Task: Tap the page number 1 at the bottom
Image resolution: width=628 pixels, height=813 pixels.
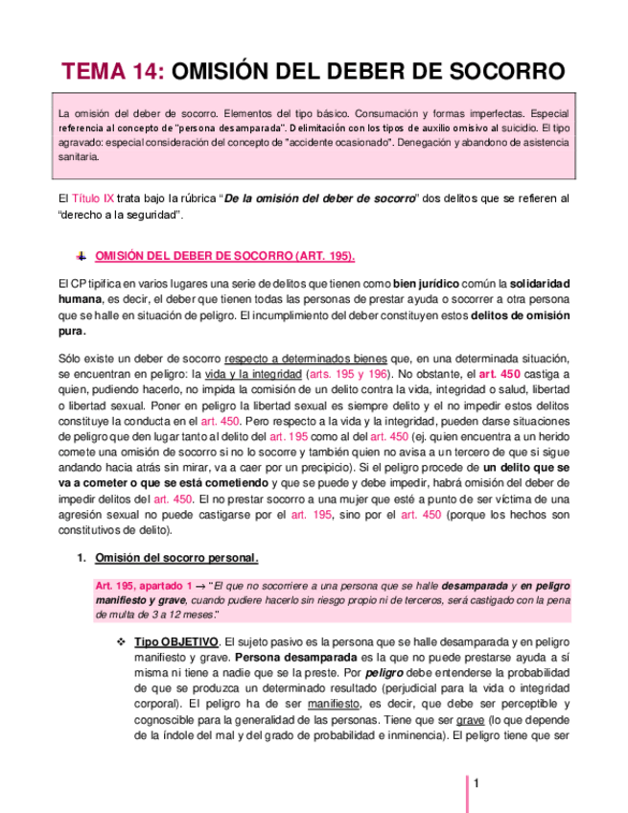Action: click(476, 783)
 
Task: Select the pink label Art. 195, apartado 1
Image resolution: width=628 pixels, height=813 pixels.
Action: click(145, 584)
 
